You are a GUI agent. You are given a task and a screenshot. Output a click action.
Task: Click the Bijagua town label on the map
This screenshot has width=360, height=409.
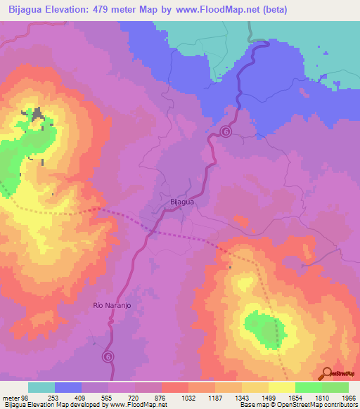coord(181,202)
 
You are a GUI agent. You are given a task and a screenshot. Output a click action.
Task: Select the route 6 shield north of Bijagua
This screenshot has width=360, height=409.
coord(226,131)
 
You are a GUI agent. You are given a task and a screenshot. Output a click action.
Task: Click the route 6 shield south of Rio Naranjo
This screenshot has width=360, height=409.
coord(108,357)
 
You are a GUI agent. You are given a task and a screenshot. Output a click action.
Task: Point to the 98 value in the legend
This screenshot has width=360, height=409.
coord(26,398)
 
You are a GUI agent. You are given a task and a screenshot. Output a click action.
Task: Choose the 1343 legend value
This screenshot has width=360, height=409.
coord(243,398)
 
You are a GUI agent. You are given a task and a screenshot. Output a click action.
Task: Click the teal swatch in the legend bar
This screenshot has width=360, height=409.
coord(41,387)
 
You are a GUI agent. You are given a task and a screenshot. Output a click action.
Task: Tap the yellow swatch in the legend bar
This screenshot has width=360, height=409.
coord(281,387)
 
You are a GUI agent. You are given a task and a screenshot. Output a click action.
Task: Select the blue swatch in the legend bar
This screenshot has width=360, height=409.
coord(68,387)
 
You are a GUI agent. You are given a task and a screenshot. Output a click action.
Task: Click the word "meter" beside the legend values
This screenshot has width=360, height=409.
coord(11,398)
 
